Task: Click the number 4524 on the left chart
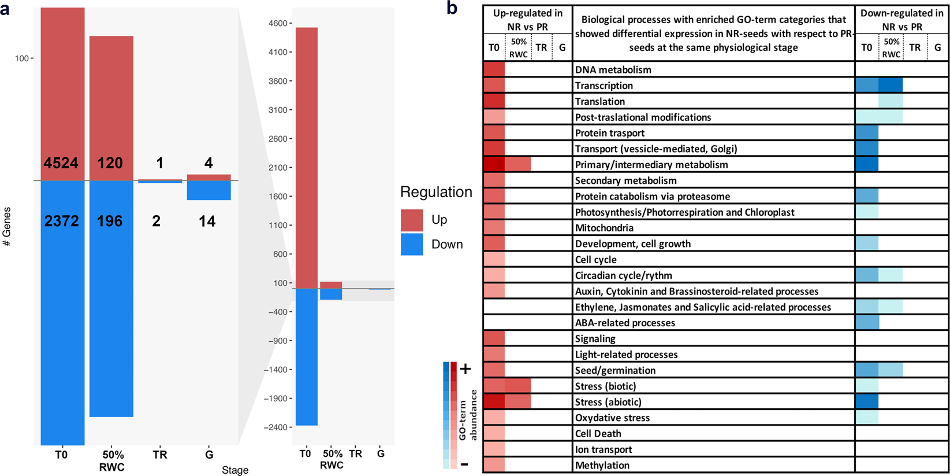click(61, 163)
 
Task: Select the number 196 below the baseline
click(110, 221)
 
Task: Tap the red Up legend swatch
click(412, 220)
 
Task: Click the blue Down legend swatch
click(412, 244)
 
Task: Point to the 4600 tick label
click(277, 24)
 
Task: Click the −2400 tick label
click(275, 427)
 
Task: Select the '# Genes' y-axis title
click(8, 227)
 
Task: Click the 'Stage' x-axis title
click(235, 470)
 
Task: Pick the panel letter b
click(452, 8)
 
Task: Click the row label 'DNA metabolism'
click(613, 70)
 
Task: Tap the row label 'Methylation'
click(602, 466)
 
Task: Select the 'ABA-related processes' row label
click(625, 323)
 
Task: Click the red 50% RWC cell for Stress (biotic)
click(517, 386)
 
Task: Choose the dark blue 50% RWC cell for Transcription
click(891, 86)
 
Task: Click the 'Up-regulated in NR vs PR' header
click(527, 20)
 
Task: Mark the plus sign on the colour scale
click(465, 368)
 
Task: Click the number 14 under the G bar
click(207, 221)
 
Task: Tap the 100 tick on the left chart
click(22, 58)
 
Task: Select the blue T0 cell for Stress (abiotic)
click(867, 401)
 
